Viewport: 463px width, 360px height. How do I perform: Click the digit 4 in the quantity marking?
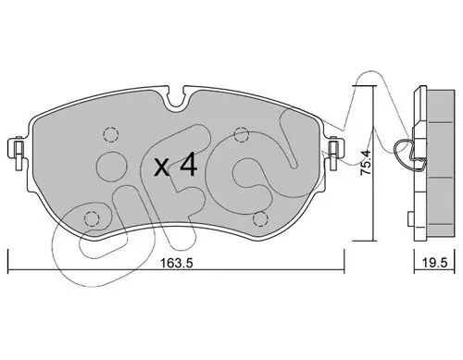point(187,166)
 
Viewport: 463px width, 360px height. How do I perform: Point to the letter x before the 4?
point(160,168)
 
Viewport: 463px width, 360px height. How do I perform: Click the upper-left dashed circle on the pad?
point(109,132)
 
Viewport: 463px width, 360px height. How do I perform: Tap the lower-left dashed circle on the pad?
point(91,219)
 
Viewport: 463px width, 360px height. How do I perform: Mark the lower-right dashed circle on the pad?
point(261,219)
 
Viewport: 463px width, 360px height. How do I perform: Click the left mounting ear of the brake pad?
point(17,147)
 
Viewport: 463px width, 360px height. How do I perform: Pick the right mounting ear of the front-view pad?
point(334,147)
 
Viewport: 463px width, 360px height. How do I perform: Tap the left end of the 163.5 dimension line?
point(8,263)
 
